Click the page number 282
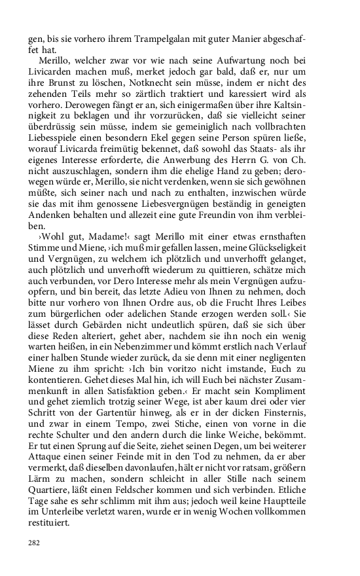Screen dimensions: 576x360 tap(34, 543)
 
